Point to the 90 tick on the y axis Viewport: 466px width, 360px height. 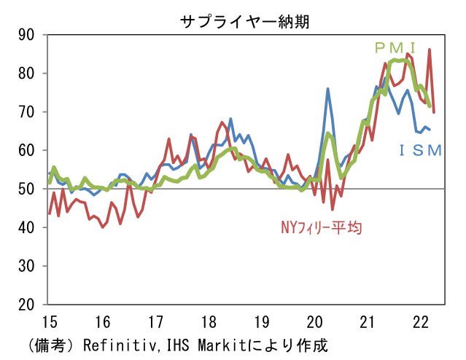tap(28, 35)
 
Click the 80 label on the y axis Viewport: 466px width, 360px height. tap(28, 74)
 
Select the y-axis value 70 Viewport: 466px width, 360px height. tap(28, 112)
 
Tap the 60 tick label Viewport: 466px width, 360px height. tap(28, 151)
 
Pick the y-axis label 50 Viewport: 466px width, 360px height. tap(28, 189)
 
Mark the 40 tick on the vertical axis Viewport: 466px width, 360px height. tap(28, 227)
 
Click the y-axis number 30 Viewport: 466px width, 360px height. tap(28, 266)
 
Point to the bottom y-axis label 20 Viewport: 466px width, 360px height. tap(28, 305)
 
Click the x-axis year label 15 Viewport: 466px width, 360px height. tap(50, 321)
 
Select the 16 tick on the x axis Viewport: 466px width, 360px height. tap(103, 321)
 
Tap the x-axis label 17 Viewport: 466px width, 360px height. tap(155, 321)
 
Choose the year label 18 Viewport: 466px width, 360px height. tap(209, 321)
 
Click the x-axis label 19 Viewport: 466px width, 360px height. tap(262, 321)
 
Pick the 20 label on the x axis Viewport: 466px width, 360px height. tap(315, 321)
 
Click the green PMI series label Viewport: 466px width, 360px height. tap(395, 48)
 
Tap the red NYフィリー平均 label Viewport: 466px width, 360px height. tap(322, 227)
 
